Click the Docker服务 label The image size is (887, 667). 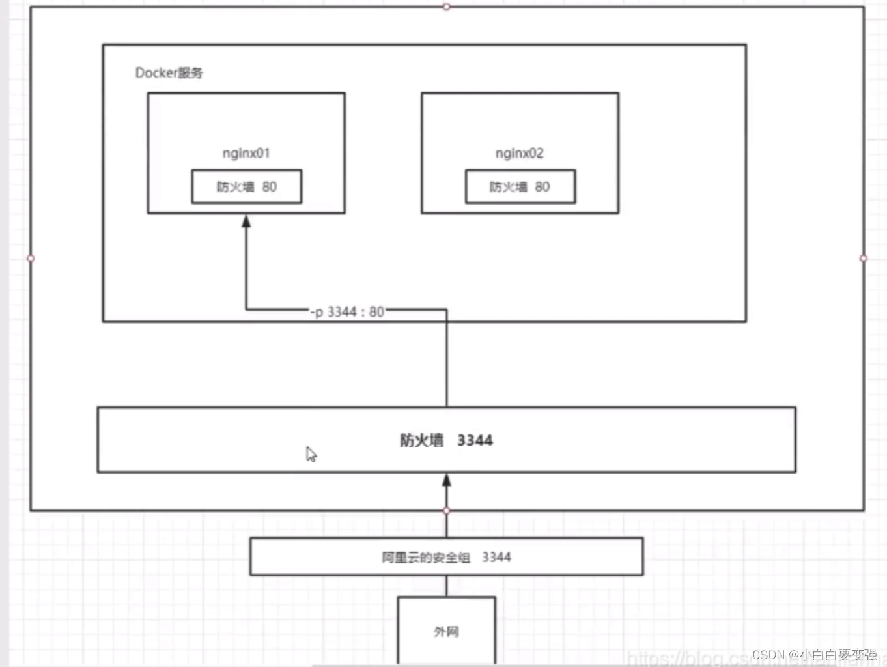pos(169,73)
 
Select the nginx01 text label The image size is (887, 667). pos(246,153)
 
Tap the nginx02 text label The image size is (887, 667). pos(519,153)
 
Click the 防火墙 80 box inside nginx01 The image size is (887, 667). pos(247,187)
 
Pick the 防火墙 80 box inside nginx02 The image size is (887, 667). pos(520,187)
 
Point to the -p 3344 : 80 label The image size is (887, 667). pos(348,312)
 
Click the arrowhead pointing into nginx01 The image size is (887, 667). pos(246,221)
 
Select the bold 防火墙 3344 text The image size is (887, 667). pos(446,440)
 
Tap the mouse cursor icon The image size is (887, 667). pos(311,454)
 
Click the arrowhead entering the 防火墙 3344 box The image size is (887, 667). pos(447,481)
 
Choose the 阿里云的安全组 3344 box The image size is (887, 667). pos(446,557)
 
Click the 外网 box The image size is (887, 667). pos(447,631)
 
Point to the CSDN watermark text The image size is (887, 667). pos(814,655)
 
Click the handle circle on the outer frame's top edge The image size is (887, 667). pos(446,7)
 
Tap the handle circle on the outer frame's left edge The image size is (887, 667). pos(31,259)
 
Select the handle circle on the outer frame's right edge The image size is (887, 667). pos(864,259)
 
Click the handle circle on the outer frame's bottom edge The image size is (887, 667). pos(447,511)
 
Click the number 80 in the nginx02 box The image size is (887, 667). pos(542,187)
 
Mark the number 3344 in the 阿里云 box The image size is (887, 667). pos(496,557)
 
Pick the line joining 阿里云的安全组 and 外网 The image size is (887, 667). pos(447,586)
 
